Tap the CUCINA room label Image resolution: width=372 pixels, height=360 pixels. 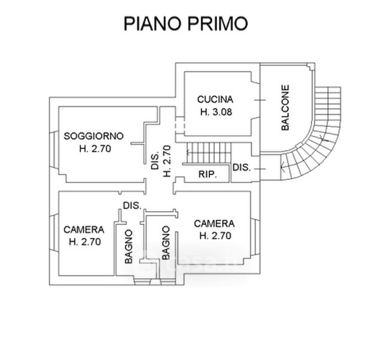[x=215, y=100]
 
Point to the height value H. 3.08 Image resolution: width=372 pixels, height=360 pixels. [x=216, y=112]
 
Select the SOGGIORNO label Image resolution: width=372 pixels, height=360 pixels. [x=94, y=136]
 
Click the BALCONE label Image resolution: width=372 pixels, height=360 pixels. [x=285, y=107]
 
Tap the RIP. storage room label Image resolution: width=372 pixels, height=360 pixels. [x=208, y=175]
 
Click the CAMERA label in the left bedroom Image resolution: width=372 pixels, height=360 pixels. [x=84, y=229]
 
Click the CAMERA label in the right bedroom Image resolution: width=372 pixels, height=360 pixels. [x=214, y=224]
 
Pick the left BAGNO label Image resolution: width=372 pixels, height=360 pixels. [x=128, y=247]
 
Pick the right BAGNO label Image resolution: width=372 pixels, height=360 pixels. [x=166, y=243]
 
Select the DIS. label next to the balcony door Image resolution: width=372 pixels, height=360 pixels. [x=242, y=167]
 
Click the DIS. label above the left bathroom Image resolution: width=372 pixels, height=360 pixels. [x=132, y=206]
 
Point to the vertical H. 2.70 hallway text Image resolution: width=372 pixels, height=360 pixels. [x=167, y=161]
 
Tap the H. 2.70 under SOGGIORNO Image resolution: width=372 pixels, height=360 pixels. [x=95, y=149]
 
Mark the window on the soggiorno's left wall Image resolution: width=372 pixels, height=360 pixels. [x=54, y=150]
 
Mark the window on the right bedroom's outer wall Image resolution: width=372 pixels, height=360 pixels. [x=255, y=237]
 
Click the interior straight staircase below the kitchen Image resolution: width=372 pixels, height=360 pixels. [x=209, y=153]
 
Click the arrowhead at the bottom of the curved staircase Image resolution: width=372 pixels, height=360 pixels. [x=282, y=167]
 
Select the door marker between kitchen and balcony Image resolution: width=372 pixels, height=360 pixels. [x=260, y=100]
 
